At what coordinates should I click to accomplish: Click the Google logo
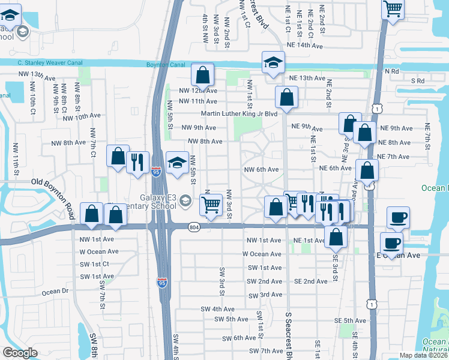point(20,353)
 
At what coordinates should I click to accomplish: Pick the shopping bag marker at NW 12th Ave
point(203,75)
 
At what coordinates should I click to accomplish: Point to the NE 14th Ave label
point(305,46)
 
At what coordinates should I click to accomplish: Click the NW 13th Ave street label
point(43,75)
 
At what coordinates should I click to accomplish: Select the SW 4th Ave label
point(218,309)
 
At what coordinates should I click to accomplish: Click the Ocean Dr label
point(56,292)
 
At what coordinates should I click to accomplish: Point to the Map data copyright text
point(423,355)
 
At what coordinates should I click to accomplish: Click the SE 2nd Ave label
point(310,281)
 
